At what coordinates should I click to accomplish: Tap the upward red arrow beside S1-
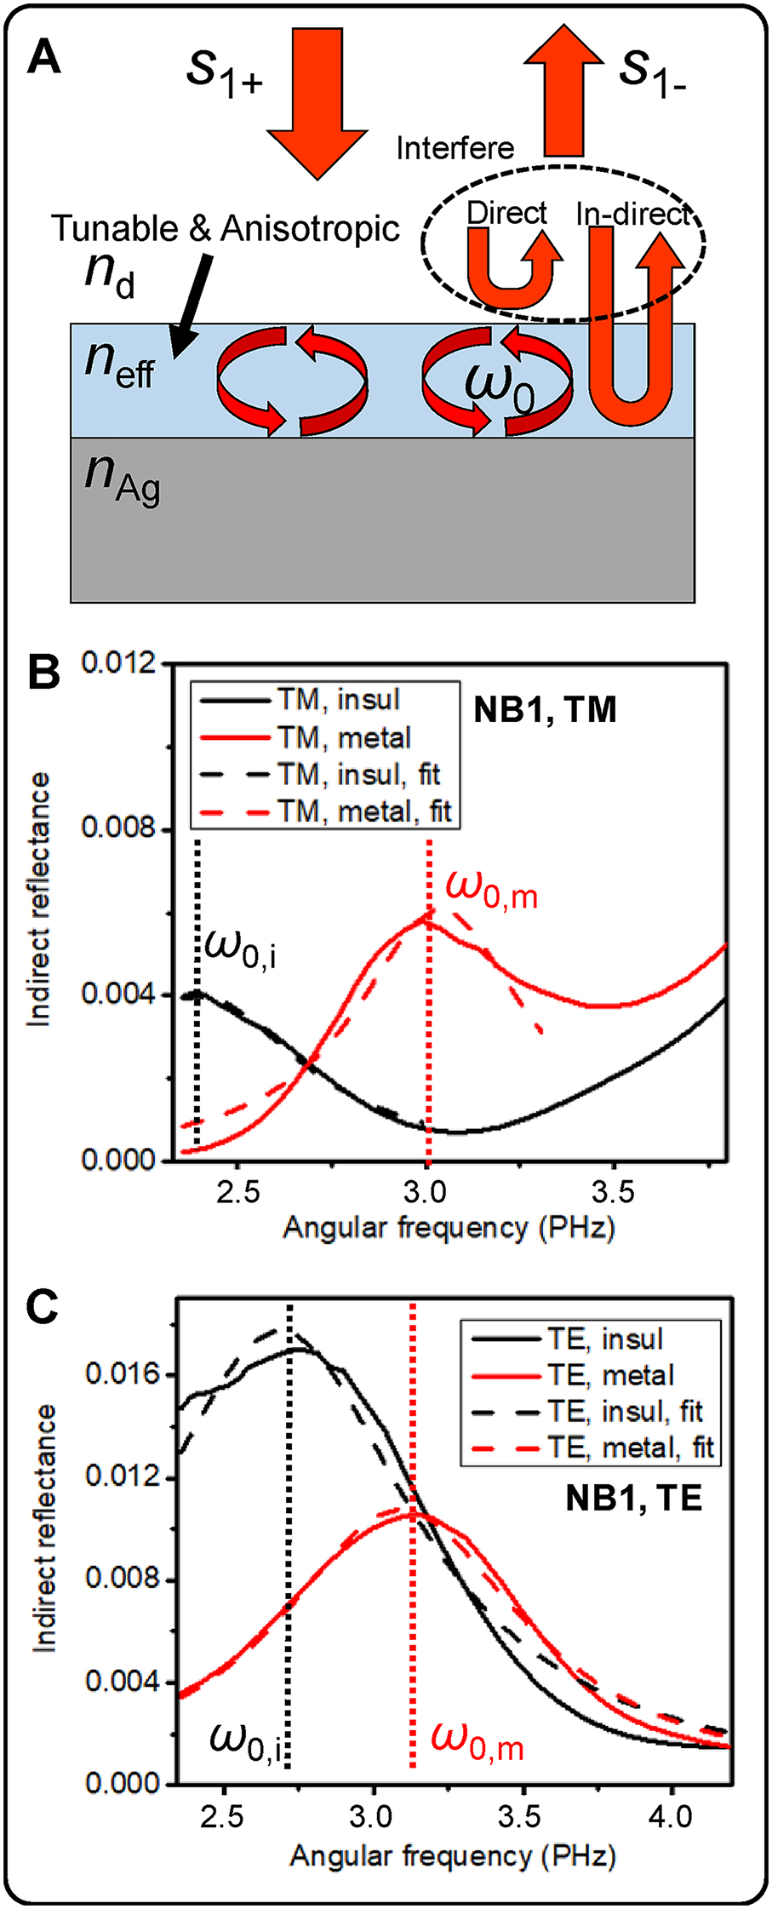tap(564, 92)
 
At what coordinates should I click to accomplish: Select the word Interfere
tap(455, 149)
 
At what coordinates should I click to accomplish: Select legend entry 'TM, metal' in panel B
tap(344, 737)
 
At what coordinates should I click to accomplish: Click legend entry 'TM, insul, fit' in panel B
tap(358, 774)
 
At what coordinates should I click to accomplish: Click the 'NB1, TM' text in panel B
tap(545, 710)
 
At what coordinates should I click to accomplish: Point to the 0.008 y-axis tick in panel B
tap(118, 827)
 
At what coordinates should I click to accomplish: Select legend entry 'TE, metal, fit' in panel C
tap(630, 1448)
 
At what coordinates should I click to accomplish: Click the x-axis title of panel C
tap(452, 1856)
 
